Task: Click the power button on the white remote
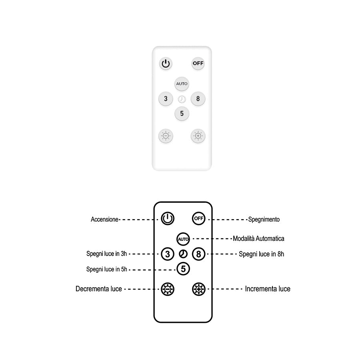coord(166,63)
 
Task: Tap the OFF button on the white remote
coord(198,63)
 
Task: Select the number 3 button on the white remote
coord(166,99)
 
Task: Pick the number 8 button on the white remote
coord(198,99)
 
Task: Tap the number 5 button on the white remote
coord(182,114)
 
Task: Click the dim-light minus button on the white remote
coord(166,136)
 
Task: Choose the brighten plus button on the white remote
coord(198,136)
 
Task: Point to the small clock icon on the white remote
coord(182,99)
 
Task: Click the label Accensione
coord(105,219)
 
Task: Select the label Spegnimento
coord(264,219)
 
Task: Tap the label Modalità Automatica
coord(258,238)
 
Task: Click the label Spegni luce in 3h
coord(106,254)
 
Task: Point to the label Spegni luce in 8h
coord(262,254)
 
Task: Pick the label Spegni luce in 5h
coord(106,269)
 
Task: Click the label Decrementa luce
coord(99,289)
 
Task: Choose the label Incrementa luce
coord(268,289)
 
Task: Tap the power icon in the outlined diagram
coord(168,218)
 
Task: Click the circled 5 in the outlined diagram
coord(183,269)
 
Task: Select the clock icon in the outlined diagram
coord(183,254)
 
